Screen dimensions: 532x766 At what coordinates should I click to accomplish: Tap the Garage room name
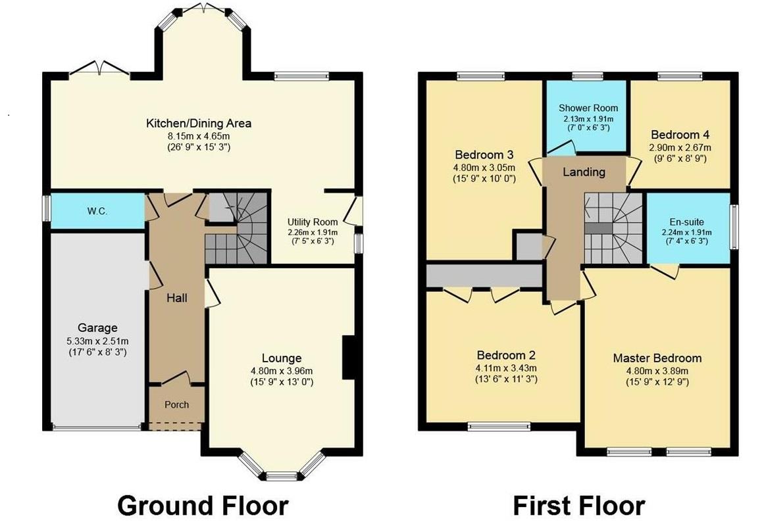point(97,327)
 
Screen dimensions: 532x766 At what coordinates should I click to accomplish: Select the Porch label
point(176,404)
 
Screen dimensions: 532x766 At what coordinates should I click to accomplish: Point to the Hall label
point(176,298)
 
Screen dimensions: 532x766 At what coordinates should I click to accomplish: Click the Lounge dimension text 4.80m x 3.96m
point(281,370)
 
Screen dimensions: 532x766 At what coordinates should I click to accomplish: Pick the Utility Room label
point(313,222)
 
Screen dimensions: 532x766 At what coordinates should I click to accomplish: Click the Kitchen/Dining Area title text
point(198,123)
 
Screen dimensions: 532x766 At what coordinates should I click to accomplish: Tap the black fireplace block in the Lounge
point(348,358)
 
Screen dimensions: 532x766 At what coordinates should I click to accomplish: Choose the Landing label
point(584,172)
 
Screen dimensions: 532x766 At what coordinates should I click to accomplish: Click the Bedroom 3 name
point(484,155)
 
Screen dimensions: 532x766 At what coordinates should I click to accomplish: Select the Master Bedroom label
point(657,358)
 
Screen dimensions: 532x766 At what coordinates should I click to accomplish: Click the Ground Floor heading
point(203,506)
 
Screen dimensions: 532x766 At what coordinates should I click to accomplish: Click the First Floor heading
point(578,506)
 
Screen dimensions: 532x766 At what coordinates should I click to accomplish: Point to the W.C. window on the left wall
point(47,211)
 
